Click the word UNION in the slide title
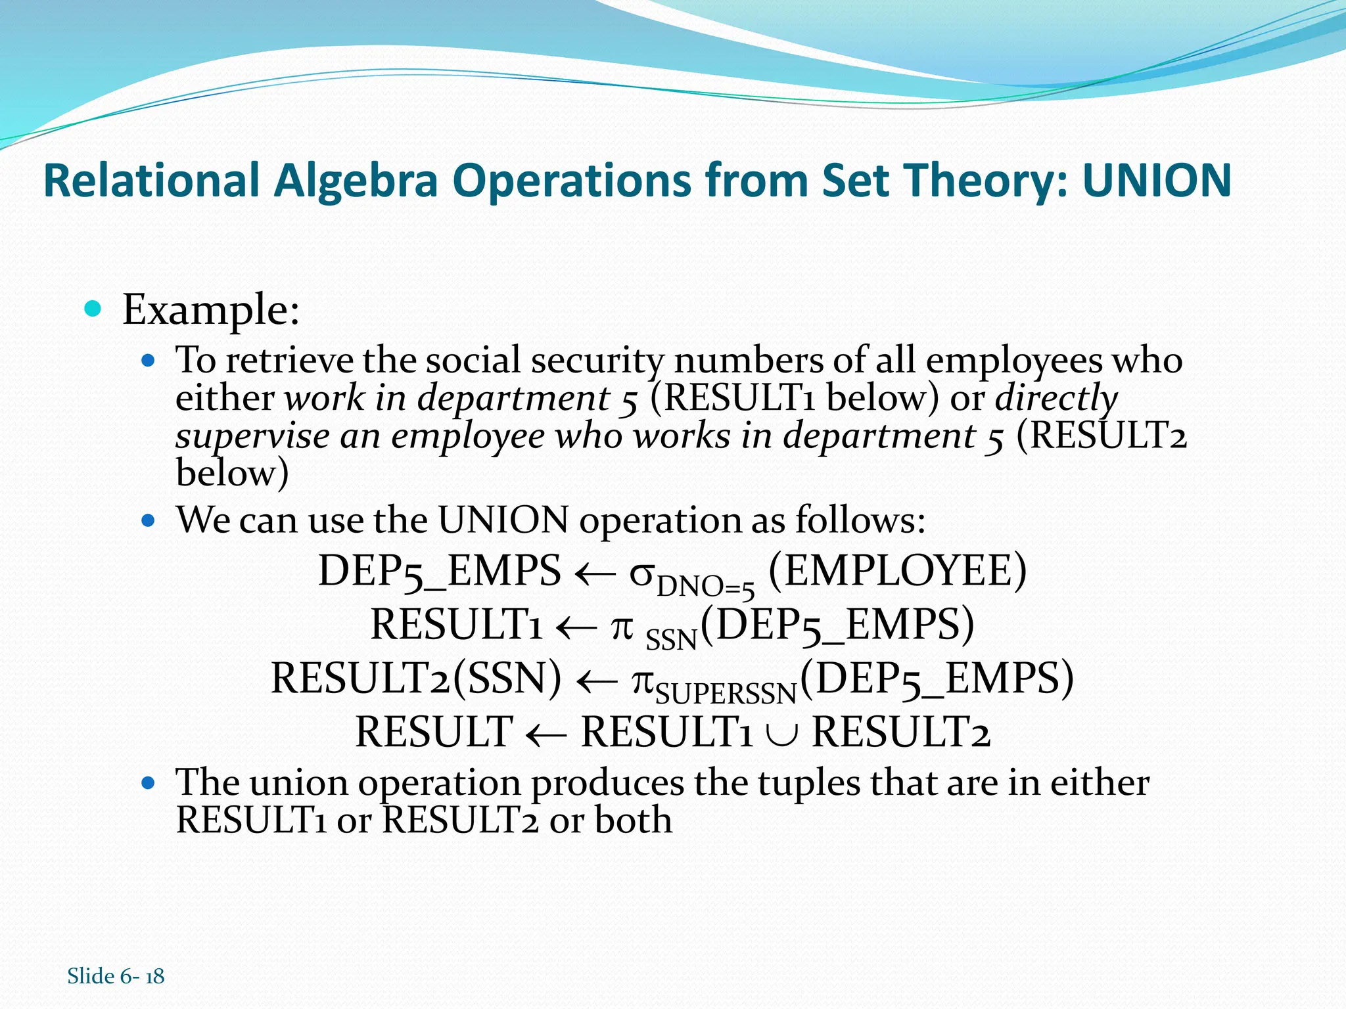click(1157, 180)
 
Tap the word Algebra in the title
click(356, 181)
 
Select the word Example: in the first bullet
click(211, 309)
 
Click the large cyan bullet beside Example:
click(93, 308)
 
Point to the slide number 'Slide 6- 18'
click(116, 976)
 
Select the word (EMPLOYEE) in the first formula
click(897, 570)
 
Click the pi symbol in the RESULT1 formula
click(622, 626)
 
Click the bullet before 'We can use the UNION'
click(149, 521)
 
